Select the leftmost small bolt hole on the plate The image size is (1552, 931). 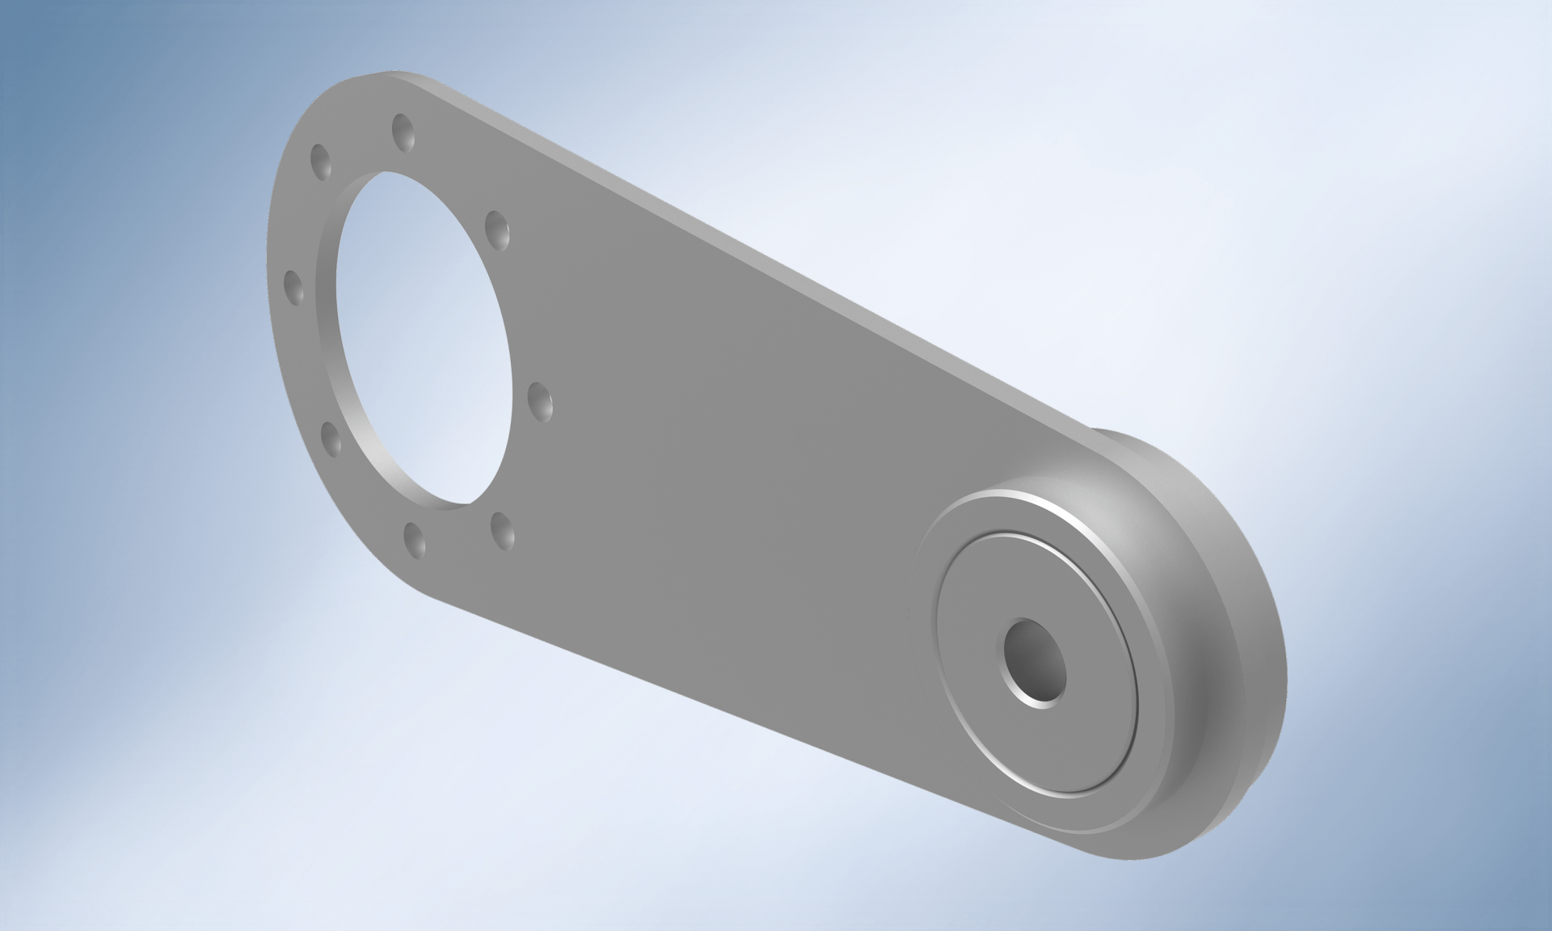pos(293,286)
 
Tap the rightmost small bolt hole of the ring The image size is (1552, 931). pos(540,399)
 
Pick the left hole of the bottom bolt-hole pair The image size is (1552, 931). pos(414,537)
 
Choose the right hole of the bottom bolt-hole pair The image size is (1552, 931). pos(503,529)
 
